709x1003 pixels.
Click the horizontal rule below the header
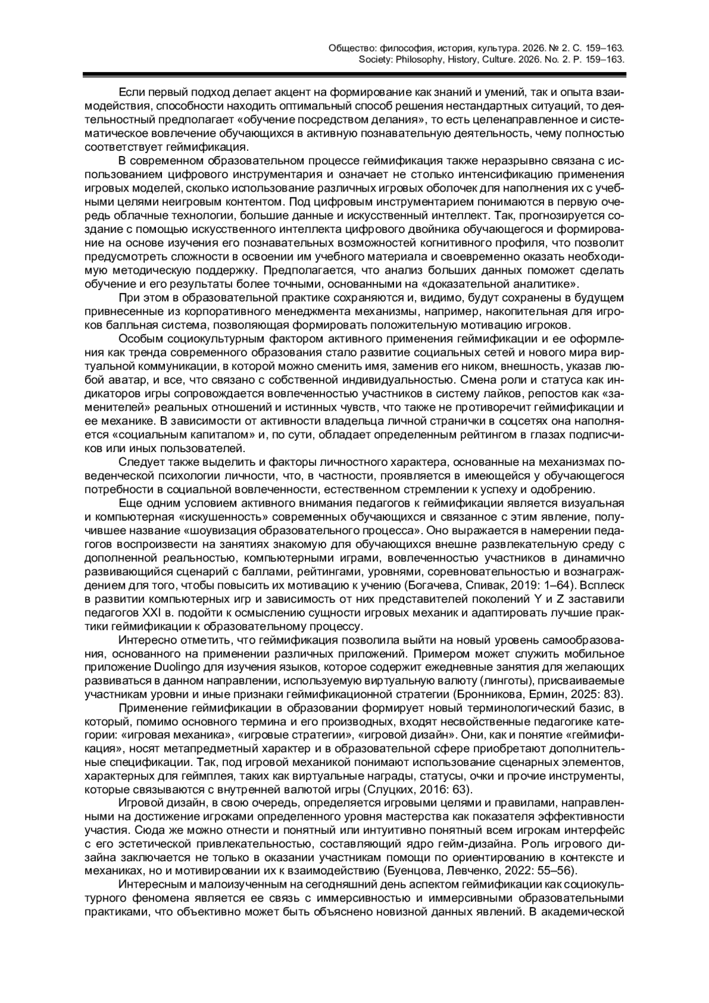coord(354,75)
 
